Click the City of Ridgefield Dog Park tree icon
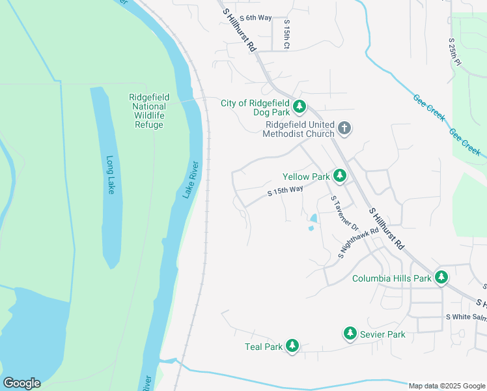[x=299, y=106]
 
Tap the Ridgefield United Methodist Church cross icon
[x=344, y=128]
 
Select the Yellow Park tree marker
[x=339, y=176]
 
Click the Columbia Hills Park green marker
[x=441, y=278]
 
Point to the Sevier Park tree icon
[x=350, y=334]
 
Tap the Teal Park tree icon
[x=292, y=346]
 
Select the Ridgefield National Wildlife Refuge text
[x=148, y=111]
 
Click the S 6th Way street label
[x=255, y=18]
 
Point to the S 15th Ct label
[x=286, y=35]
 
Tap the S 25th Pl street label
[x=454, y=51]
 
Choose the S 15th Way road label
[x=285, y=192]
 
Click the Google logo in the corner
[x=21, y=383]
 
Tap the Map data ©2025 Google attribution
[x=447, y=386]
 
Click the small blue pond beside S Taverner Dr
[x=313, y=222]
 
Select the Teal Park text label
[x=264, y=347]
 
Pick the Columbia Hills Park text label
[x=392, y=278]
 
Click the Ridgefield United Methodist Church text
[x=299, y=129]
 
